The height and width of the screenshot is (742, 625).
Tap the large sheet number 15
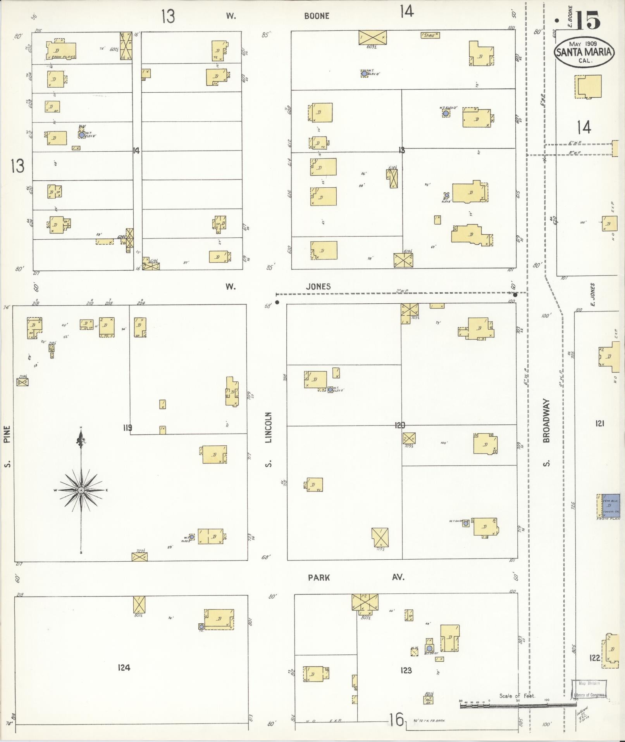coord(587,21)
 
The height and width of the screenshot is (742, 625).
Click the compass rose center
coord(81,490)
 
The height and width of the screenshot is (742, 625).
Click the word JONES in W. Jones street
coord(318,287)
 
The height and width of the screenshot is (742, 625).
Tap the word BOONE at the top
coord(317,16)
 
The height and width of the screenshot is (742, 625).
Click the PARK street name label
coord(319,578)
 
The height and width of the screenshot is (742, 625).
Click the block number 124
coord(124,667)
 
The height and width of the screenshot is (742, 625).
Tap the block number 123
coord(406,670)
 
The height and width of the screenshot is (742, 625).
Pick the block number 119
coord(127,428)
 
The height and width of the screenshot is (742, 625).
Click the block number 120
coord(400,425)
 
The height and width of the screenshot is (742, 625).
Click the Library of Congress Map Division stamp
coord(589,689)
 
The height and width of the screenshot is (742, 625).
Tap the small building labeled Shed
coord(430,35)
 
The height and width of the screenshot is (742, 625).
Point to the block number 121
coord(599,423)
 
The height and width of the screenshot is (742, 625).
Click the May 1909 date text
coord(583,44)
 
